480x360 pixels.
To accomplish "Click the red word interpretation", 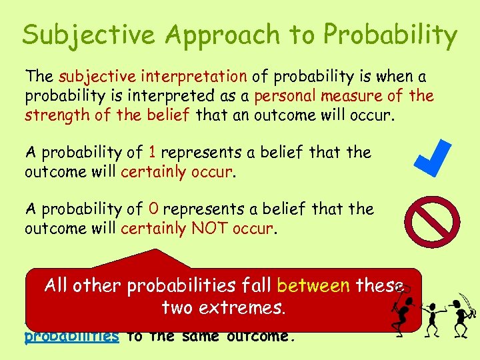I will (x=199, y=78).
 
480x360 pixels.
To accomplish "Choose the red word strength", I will (x=53, y=115).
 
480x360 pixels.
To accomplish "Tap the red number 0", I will (x=153, y=209).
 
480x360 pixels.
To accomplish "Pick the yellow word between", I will (x=313, y=286).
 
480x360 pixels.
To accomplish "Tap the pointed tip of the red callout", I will (x=158, y=251).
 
